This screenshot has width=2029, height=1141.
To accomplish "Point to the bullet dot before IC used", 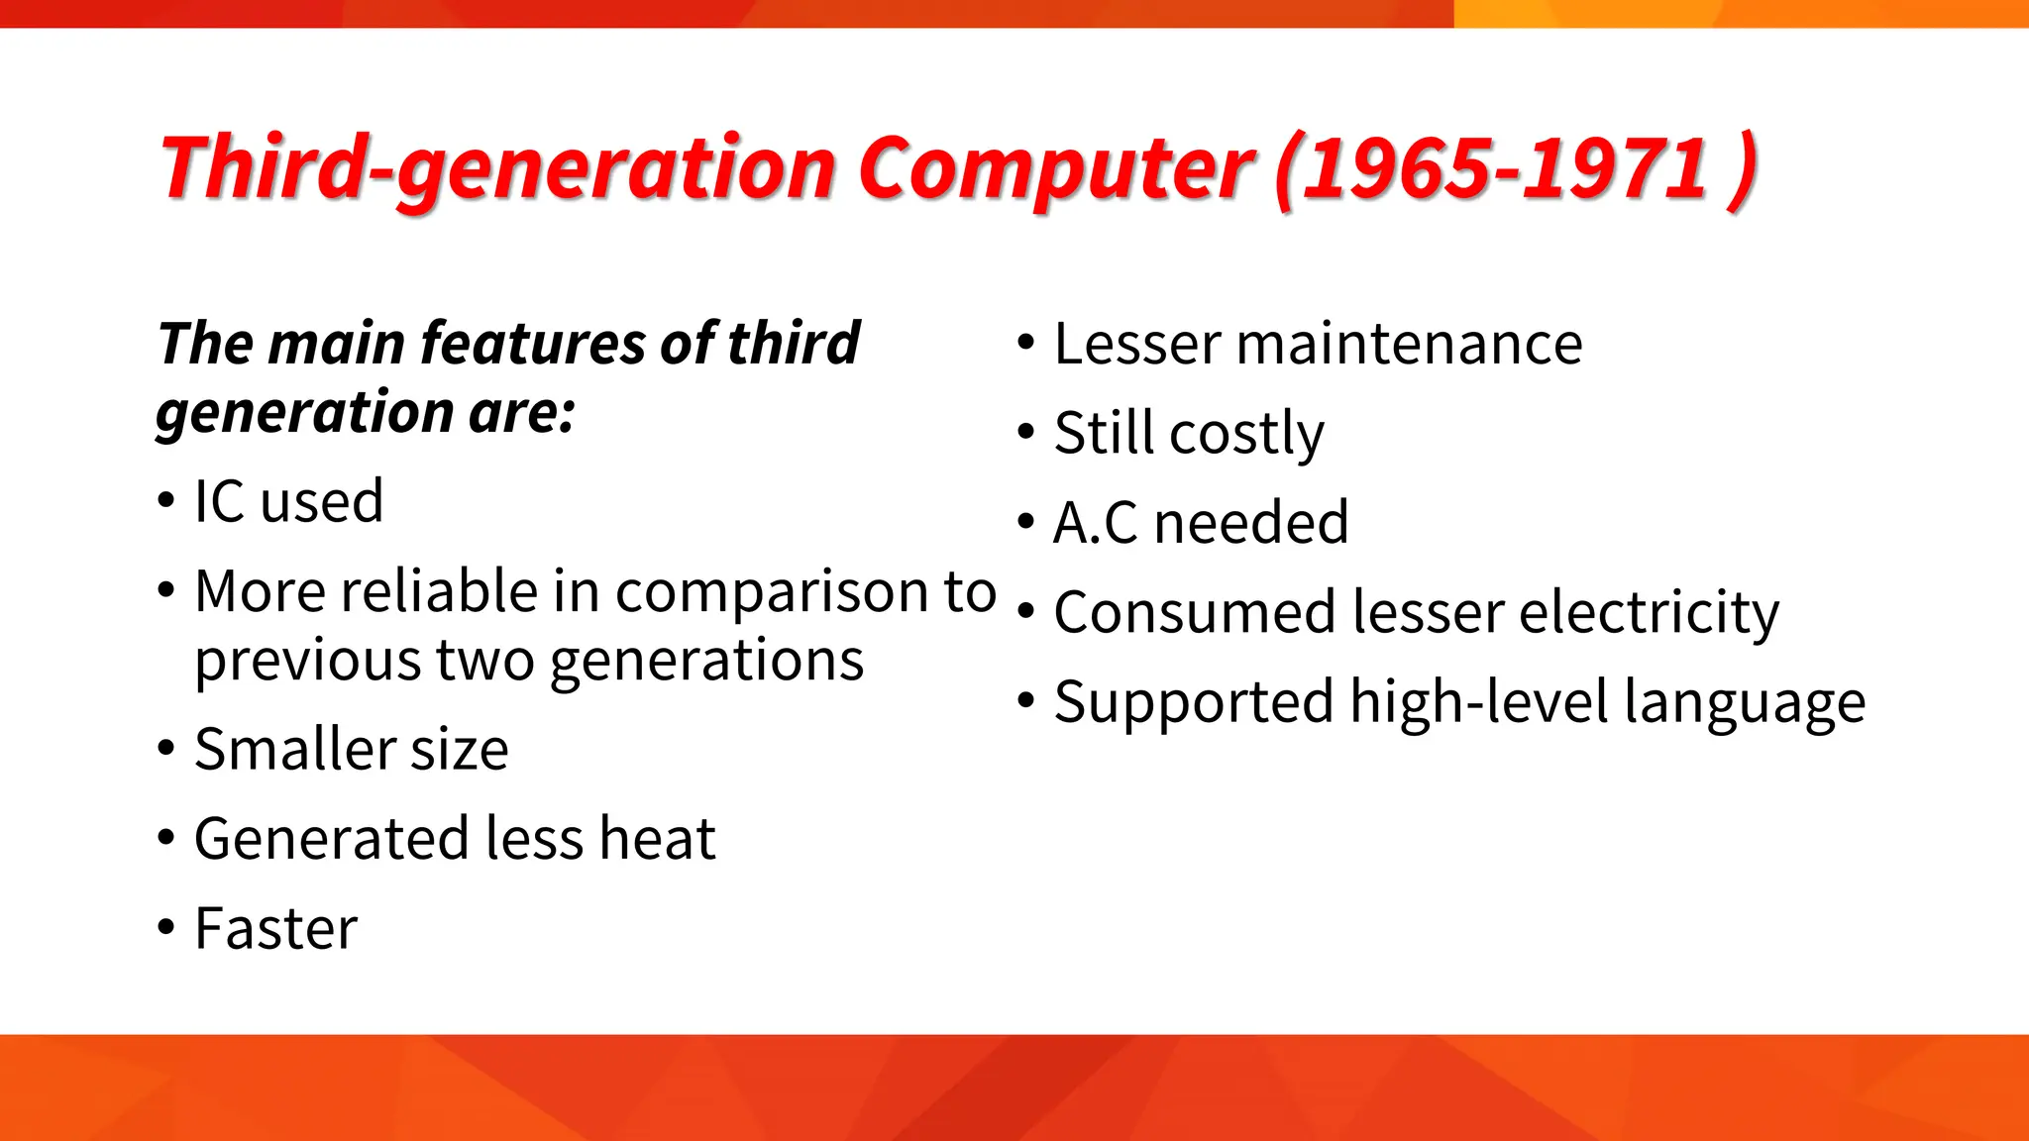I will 165,500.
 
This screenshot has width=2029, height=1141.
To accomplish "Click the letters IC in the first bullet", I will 219,501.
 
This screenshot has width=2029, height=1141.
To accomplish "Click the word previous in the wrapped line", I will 307,662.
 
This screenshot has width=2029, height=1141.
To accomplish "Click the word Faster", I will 275,929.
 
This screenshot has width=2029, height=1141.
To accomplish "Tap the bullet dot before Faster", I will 165,928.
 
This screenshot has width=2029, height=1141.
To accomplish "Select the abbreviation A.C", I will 1096,523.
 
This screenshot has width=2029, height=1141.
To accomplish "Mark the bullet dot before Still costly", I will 1025,432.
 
